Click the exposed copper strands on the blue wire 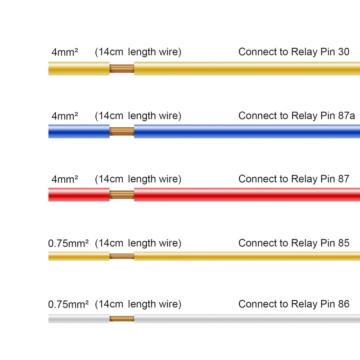(121, 131)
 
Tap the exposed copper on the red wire (121, 195)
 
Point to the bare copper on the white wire (121, 319)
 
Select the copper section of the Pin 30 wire (121, 68)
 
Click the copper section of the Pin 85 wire (121, 256)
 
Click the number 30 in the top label (344, 52)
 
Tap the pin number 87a (346, 116)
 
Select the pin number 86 (344, 304)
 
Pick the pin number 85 (344, 243)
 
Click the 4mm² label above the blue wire (65, 116)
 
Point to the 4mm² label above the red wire (65, 179)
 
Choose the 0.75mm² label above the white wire (68, 304)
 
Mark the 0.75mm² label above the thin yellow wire (68, 243)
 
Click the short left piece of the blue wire (79, 131)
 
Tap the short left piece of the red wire (79, 195)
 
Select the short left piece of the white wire (79, 319)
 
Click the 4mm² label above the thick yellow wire (65, 52)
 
